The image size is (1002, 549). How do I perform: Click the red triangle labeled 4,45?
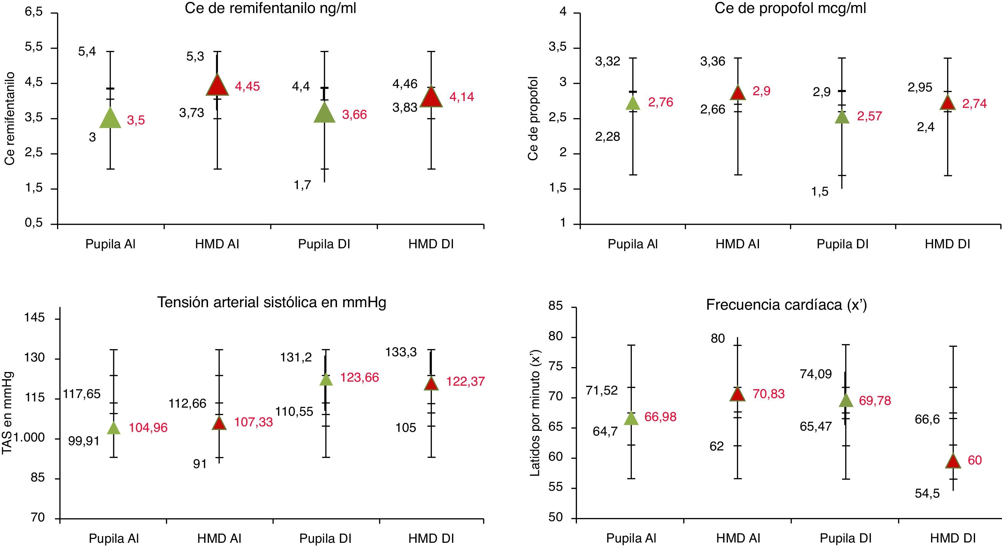point(217,86)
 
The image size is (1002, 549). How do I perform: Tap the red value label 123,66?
point(359,378)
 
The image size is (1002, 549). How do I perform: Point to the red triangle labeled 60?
point(953,461)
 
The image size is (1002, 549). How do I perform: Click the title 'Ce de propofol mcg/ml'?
point(790,9)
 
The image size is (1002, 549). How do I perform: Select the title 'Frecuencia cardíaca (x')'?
point(787,305)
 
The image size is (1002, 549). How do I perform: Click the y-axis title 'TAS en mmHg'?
point(7,412)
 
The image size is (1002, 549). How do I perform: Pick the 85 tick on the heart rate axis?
point(556,306)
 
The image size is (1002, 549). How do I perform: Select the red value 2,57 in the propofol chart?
point(869,116)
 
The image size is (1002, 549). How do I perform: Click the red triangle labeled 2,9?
point(738,93)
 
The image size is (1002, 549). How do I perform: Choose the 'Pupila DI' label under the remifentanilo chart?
point(324,244)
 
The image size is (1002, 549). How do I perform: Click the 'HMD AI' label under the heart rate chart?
point(738,538)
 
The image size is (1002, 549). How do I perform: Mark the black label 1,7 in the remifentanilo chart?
point(302,185)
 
